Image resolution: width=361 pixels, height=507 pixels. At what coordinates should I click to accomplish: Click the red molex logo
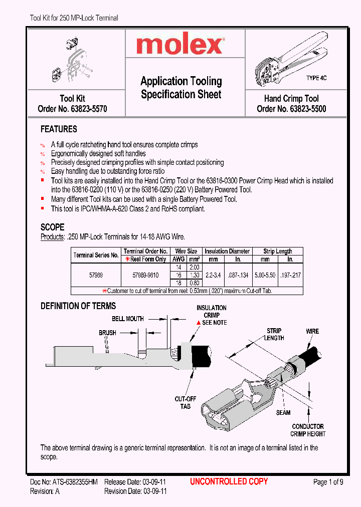[179, 46]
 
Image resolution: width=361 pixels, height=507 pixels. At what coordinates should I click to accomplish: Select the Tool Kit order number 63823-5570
[72, 109]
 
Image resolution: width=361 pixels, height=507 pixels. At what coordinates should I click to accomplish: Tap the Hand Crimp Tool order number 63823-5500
[291, 109]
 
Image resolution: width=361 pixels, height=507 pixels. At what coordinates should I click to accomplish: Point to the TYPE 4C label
[316, 78]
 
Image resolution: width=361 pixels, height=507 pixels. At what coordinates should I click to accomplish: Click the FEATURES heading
[59, 129]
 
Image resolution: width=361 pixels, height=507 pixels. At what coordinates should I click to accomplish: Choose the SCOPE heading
[52, 227]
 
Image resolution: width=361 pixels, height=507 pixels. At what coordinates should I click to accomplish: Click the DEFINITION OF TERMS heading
[78, 306]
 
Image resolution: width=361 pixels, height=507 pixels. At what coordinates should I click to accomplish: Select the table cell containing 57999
[96, 275]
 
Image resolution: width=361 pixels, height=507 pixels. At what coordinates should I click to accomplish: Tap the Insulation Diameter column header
[227, 251]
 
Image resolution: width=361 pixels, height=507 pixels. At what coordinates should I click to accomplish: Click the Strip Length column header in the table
[278, 251]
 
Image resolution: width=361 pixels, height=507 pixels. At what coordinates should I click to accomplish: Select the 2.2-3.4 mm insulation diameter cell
[214, 275]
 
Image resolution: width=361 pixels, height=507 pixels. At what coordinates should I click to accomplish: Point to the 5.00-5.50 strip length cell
[265, 275]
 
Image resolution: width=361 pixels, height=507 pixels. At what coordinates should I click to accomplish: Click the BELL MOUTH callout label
[127, 319]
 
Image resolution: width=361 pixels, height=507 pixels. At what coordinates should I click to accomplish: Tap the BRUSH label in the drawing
[107, 333]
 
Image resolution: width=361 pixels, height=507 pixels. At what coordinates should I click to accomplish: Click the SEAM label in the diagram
[283, 413]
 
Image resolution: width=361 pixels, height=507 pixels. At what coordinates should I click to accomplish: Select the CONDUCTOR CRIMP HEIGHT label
[308, 430]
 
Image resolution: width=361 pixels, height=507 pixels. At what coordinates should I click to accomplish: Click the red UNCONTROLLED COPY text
[229, 481]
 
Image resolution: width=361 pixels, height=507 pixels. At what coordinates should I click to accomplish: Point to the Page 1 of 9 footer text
[328, 482]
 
